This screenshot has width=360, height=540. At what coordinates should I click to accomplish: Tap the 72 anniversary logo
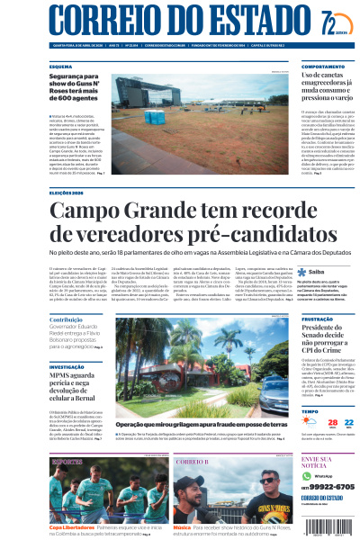[x=328, y=21]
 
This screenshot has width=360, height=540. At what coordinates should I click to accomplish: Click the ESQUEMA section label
[x=60, y=67]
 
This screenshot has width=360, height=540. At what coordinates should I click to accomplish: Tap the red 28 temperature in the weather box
[x=308, y=424]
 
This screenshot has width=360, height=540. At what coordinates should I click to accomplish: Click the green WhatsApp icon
[x=305, y=475]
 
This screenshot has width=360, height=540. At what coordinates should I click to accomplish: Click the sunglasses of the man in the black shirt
[x=265, y=480]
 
